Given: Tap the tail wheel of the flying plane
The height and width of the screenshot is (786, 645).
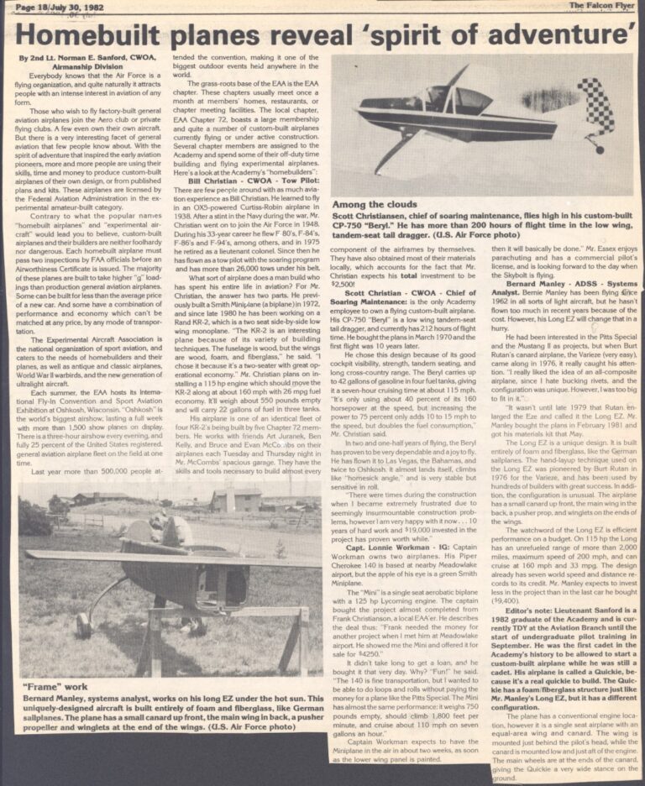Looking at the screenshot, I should [599, 149].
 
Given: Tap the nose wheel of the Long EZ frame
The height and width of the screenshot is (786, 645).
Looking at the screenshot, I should [83, 625].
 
